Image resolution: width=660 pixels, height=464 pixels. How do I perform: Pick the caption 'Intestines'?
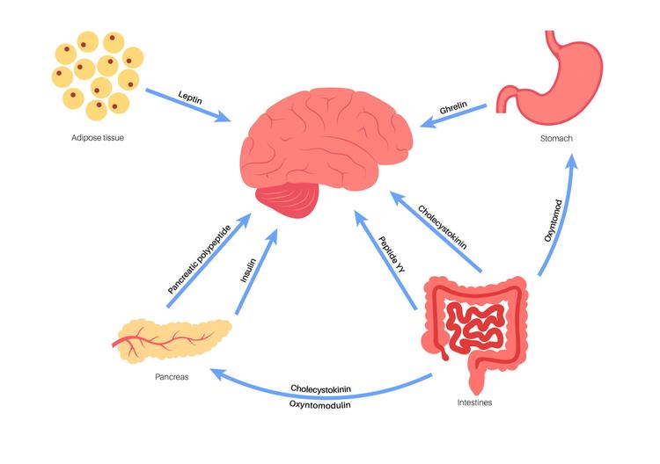pos(475,402)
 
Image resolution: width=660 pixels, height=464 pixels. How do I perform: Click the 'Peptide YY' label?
pos(392,255)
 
